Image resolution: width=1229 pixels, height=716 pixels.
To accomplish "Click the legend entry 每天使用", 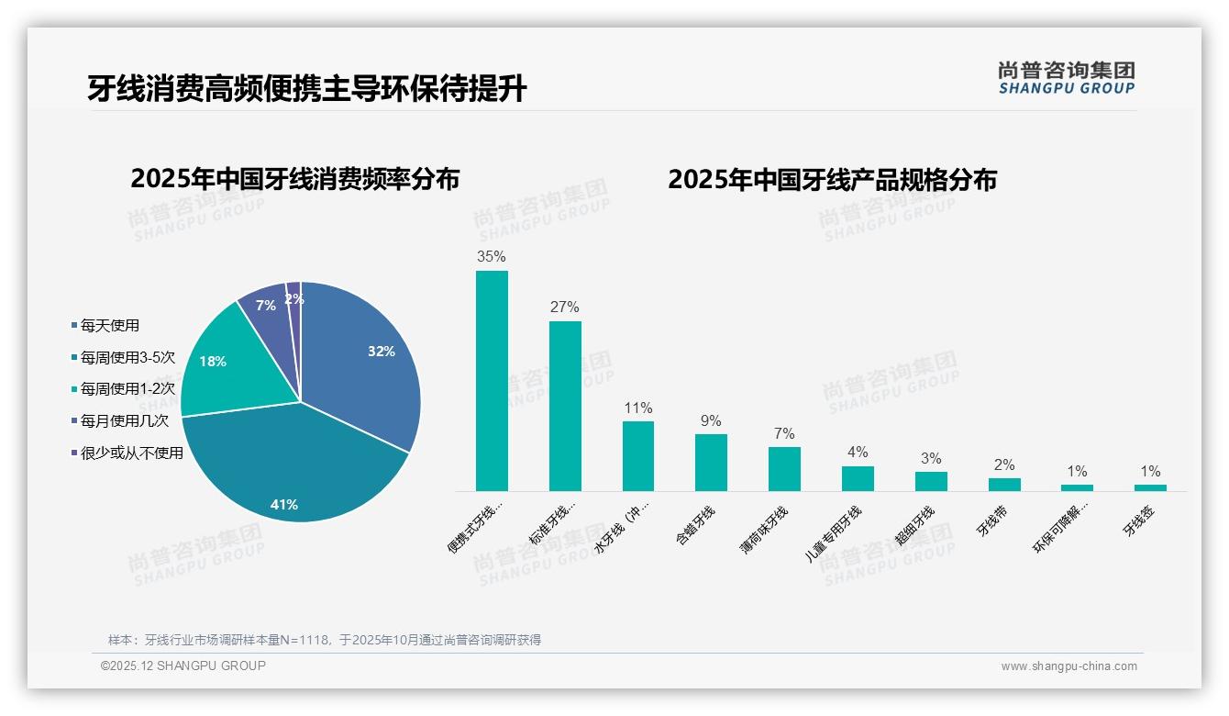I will tap(109, 325).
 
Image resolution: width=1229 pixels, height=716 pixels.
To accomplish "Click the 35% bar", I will tap(492, 380).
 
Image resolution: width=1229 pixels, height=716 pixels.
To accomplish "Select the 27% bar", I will tap(565, 406).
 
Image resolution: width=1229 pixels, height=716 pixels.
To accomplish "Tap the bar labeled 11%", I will tap(638, 456).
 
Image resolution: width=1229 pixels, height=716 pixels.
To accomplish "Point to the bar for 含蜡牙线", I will tap(711, 463).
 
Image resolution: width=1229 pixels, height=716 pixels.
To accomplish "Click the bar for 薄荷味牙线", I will tap(784, 469).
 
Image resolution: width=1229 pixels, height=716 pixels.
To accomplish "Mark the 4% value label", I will tap(858, 452).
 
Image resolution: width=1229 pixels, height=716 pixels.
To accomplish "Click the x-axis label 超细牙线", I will tap(914, 526).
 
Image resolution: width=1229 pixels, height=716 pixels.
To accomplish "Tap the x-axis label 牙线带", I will tap(991, 520).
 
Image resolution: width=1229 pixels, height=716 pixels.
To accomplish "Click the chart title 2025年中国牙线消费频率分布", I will tap(294, 179).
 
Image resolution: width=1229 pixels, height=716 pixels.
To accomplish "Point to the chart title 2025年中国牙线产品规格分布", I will tap(832, 179).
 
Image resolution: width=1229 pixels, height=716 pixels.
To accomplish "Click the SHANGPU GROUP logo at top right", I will tap(1066, 78).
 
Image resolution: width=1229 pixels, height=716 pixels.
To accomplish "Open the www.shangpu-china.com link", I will tap(1068, 666).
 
